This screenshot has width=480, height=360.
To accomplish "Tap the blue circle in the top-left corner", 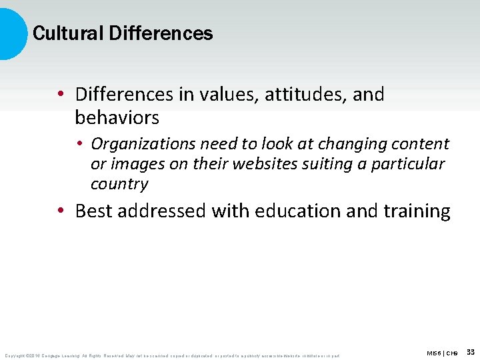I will pos(10,33).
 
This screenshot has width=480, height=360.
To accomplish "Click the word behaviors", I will pos(117,118).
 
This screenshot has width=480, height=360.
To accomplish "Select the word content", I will pos(419,144).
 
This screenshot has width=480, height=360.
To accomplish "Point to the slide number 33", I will pos(471,352).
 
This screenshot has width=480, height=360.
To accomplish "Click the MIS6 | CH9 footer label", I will pos(443,353).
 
